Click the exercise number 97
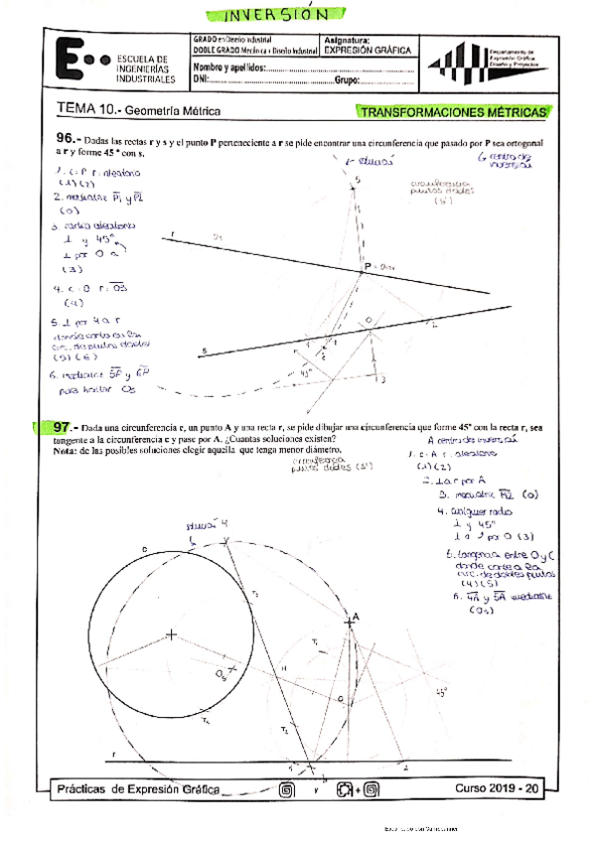pyautogui.click(x=66, y=427)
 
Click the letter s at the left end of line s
pyautogui.click(x=203, y=351)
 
